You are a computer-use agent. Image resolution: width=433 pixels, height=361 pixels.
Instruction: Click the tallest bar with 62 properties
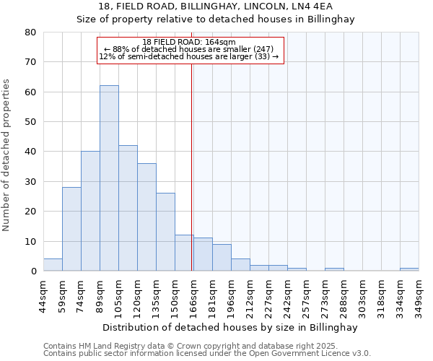(x=109, y=178)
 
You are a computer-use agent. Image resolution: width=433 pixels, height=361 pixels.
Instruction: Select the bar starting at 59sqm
(x=71, y=229)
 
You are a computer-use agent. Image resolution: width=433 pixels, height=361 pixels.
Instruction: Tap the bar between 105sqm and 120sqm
(x=128, y=208)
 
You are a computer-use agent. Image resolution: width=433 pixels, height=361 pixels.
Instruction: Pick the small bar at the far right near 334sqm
(x=409, y=269)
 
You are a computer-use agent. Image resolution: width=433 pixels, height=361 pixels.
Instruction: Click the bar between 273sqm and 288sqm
(x=334, y=269)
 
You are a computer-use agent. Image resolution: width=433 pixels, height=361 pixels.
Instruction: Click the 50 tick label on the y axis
(x=31, y=122)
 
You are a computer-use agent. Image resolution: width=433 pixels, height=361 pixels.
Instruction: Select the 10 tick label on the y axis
(x=31, y=241)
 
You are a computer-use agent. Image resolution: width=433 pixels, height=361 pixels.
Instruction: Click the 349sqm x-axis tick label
(x=419, y=295)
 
